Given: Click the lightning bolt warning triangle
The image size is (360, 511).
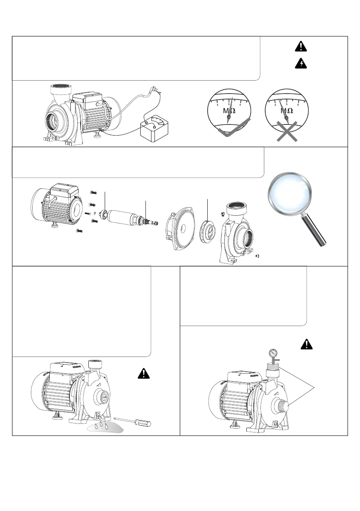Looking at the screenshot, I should coord(303,63).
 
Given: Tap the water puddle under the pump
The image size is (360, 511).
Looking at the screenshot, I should coord(103,427).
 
